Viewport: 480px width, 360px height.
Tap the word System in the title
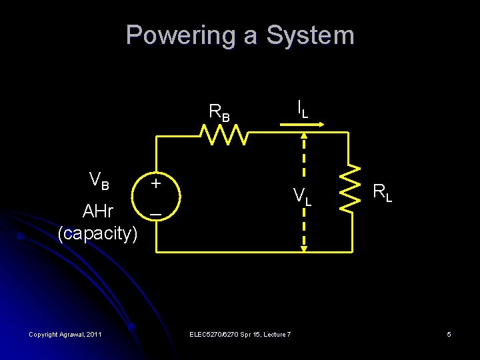pyautogui.click(x=310, y=35)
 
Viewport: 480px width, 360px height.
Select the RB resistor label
pyautogui.click(x=219, y=112)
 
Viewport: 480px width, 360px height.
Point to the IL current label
pyautogui.click(x=302, y=108)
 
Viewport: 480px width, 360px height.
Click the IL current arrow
pyautogui.click(x=309, y=123)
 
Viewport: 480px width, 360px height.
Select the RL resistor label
pyautogui.click(x=382, y=193)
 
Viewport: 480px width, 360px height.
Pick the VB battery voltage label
pyautogui.click(x=99, y=180)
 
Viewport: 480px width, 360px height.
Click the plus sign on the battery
pyautogui.click(x=155, y=181)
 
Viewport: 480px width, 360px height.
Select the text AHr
pyautogui.click(x=97, y=212)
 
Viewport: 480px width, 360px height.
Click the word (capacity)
pyautogui.click(x=97, y=233)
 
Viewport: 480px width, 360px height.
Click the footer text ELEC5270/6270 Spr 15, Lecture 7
pyautogui.click(x=240, y=334)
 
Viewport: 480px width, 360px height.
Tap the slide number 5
pyautogui.click(x=449, y=334)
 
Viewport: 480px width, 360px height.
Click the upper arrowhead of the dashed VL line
pyautogui.click(x=303, y=135)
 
